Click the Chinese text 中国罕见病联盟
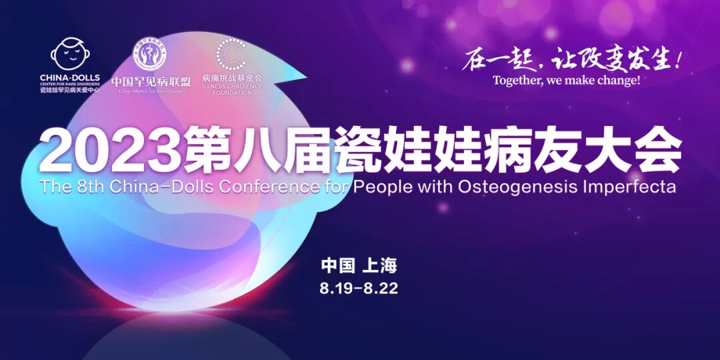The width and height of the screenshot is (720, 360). pos(151,81)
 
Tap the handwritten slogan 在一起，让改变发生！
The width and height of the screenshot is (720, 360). pos(573,59)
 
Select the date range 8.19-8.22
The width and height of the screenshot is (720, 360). pos(359,289)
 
